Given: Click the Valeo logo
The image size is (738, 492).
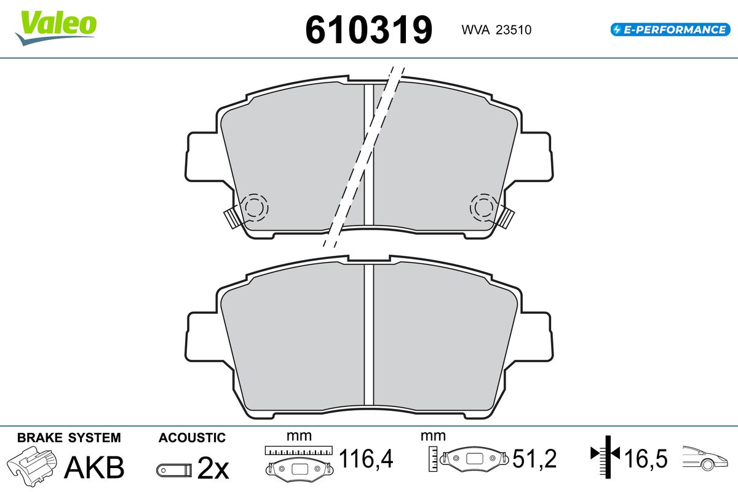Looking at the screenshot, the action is tap(56, 28).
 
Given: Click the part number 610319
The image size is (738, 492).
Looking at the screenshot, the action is tap(368, 30).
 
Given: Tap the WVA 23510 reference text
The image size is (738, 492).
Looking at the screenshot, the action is tap(496, 30).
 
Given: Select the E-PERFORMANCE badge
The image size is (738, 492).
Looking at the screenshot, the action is tap(670, 30).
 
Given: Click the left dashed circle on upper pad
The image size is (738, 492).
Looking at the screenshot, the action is tap(255, 208).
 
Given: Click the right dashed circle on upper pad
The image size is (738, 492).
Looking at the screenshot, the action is tap(483, 208).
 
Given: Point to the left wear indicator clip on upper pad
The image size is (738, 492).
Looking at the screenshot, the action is tap(232, 218).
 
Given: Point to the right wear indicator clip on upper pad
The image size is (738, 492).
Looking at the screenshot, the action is tap(506, 218).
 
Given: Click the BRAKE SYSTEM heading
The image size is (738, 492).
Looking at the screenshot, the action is tap(69, 438).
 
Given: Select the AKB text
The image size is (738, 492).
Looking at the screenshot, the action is tap(94, 467).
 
